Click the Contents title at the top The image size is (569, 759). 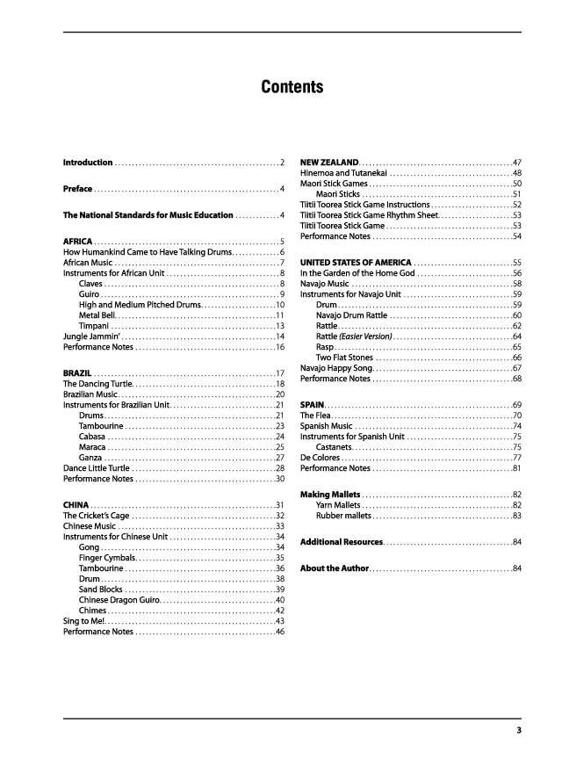coord(292,87)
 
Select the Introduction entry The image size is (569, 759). coord(88,163)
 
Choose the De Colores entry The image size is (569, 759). coord(321,458)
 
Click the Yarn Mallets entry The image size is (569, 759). coord(338,505)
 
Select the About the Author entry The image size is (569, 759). coord(335,568)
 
